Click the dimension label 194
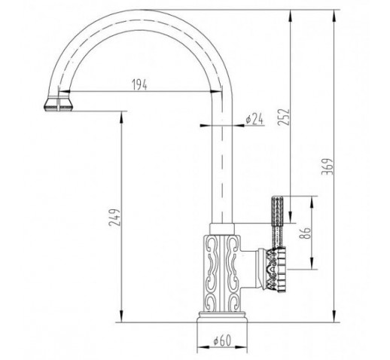(139, 84)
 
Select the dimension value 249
(115, 217)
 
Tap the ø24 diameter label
(254, 119)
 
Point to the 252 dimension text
(284, 117)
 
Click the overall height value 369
(328, 166)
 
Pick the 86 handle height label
(305, 233)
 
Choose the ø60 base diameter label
(222, 340)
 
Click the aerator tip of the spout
(58, 104)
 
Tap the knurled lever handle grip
(277, 221)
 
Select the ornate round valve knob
(273, 270)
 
